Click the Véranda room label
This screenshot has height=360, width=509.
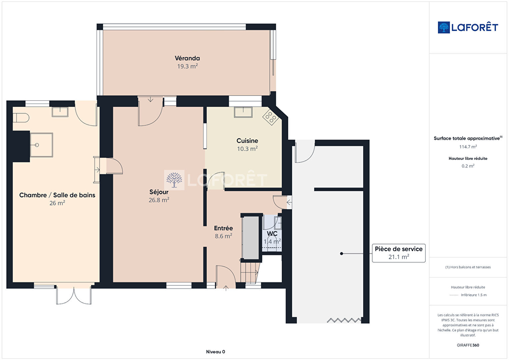187,58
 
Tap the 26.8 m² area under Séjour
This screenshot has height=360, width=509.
159,200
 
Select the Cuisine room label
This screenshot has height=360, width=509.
247,141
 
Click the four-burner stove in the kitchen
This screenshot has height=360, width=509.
271,117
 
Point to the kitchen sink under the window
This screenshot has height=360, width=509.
243,112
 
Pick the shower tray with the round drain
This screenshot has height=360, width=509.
41,145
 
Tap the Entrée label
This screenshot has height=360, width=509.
223,228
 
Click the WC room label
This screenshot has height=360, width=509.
272,234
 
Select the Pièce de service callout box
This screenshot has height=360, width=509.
399,253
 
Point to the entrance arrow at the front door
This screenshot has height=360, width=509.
226,288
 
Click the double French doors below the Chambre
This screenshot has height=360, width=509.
74,295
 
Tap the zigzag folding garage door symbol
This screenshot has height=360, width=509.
344,320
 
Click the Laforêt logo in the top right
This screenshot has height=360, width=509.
468,27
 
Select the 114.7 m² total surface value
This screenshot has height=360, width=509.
468,147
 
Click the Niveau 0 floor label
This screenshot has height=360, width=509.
215,352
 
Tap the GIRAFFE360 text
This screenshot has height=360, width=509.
468,345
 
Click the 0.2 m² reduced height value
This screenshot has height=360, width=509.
468,166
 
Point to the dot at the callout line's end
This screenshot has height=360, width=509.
342,254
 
